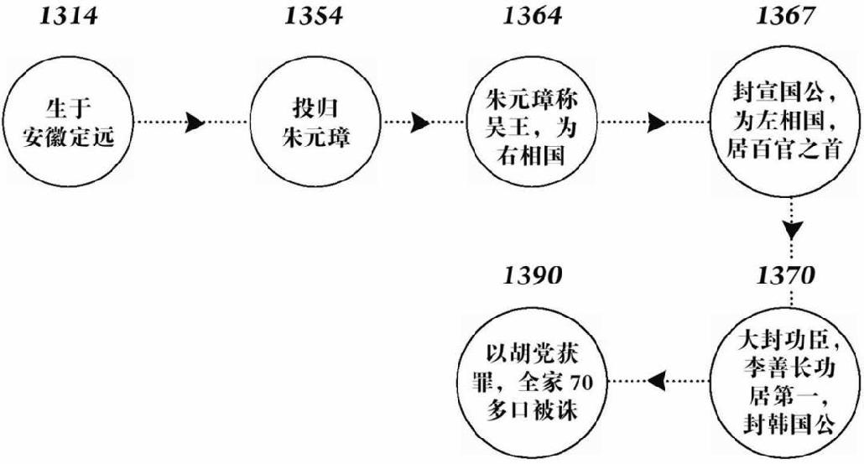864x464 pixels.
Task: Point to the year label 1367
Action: coord(783,17)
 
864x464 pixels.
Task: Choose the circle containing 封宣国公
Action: coord(783,123)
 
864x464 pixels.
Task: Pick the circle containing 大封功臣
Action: coord(783,383)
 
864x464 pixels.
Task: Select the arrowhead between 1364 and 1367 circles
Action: coord(657,123)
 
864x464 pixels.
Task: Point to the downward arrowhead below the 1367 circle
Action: coord(791,228)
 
